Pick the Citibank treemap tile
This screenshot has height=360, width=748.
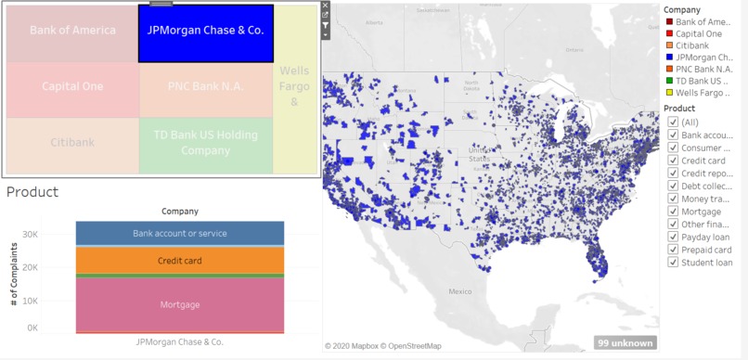(72, 144)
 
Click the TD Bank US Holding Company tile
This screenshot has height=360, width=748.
(206, 144)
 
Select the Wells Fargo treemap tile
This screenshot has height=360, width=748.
(294, 89)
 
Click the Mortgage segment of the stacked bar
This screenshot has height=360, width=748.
(179, 304)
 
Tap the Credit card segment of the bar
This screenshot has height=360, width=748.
(179, 261)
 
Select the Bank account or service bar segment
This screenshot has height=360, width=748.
(179, 233)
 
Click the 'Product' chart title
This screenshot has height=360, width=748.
(32, 192)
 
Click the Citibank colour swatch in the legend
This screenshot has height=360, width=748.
(668, 45)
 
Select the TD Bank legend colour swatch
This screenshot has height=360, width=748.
(668, 81)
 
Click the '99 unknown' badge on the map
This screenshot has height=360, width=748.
(625, 343)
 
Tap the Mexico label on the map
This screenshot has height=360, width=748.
(460, 291)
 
